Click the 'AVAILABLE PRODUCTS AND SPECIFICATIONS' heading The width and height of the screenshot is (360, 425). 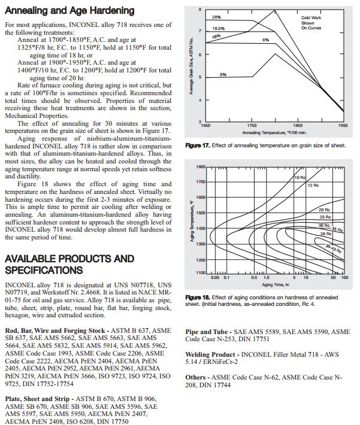point(69,264)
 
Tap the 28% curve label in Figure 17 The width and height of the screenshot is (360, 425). point(216,18)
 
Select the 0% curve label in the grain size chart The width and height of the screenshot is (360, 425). point(223,74)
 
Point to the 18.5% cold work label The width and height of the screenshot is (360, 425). point(218,28)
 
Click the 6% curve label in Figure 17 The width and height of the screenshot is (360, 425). point(265,40)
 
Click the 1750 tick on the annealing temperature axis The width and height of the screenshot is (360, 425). point(252,126)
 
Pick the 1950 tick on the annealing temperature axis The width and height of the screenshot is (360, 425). point(343,126)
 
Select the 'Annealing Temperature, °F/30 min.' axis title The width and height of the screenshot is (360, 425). point(274,132)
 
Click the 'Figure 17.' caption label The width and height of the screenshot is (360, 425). point(198,145)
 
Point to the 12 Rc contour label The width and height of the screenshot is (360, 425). point(313,186)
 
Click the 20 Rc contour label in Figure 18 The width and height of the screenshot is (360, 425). point(324,210)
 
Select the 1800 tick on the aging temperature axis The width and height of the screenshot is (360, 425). point(201,166)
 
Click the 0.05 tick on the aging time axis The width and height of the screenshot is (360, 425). point(215,278)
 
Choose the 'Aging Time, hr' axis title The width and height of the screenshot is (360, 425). point(275,284)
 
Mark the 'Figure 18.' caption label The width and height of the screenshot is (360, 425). point(198,297)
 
